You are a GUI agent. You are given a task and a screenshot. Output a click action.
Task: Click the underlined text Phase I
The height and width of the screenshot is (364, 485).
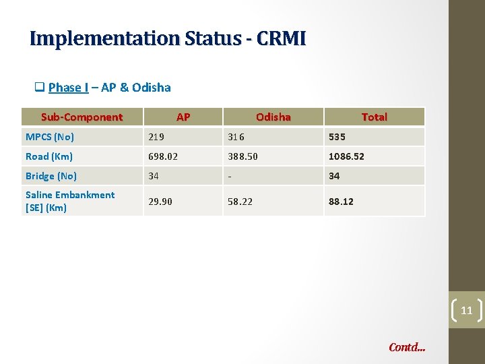pyautogui.click(x=69, y=88)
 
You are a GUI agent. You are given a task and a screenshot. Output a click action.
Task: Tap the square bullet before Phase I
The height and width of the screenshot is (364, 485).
pyautogui.click(x=40, y=88)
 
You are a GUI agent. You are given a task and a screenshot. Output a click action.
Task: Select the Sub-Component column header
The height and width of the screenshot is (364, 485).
pyautogui.click(x=82, y=117)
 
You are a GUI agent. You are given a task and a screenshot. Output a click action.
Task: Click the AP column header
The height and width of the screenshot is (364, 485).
pyautogui.click(x=183, y=117)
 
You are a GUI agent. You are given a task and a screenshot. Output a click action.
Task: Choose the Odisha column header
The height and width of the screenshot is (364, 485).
pyautogui.click(x=273, y=117)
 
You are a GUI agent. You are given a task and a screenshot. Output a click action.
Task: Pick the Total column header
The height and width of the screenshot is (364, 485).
pyautogui.click(x=374, y=117)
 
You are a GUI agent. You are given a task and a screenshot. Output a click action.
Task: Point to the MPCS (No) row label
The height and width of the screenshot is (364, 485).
pyautogui.click(x=50, y=137)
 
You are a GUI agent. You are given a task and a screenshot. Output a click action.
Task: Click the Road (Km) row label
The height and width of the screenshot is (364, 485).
pyautogui.click(x=49, y=156)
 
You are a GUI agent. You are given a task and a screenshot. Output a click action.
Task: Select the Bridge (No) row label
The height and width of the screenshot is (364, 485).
pyautogui.click(x=51, y=176)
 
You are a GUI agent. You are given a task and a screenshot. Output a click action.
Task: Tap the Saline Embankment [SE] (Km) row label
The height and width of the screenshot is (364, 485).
pyautogui.click(x=70, y=201)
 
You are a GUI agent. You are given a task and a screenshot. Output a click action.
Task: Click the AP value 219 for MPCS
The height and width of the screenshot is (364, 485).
pyautogui.click(x=156, y=137)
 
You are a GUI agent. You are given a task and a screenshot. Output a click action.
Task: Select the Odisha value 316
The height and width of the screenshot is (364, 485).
pyautogui.click(x=236, y=137)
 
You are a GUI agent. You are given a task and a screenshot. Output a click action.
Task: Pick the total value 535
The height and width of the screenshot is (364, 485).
pyautogui.click(x=337, y=137)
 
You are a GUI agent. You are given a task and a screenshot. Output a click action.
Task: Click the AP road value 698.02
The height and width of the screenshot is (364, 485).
pyautogui.click(x=162, y=156)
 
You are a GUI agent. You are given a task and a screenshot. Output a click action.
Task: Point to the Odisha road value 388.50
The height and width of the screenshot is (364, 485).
pyautogui.click(x=243, y=156)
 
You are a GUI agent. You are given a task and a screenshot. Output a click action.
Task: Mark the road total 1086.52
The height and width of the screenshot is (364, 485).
pyautogui.click(x=346, y=156)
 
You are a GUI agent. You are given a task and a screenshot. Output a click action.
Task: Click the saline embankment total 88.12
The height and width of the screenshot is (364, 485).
pyautogui.click(x=341, y=202)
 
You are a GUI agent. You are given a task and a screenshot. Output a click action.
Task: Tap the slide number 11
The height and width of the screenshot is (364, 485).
pyautogui.click(x=467, y=311)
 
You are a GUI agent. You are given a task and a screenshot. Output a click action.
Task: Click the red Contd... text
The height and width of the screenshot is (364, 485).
pyautogui.click(x=407, y=348)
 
